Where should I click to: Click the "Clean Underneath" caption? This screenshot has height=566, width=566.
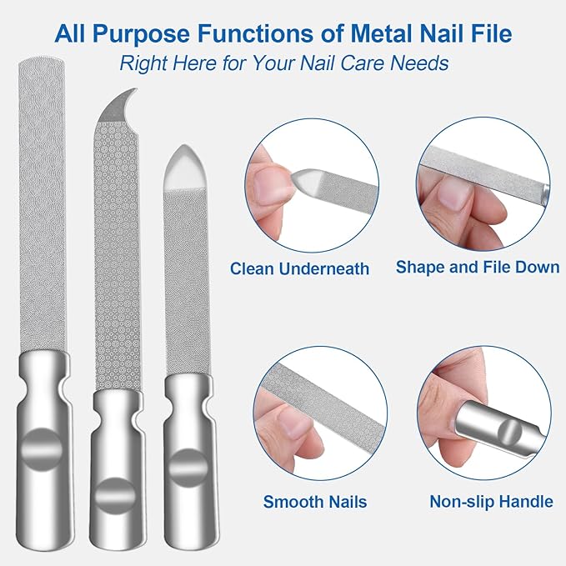click(299, 268)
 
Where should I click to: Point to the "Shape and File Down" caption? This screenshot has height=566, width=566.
click(477, 268)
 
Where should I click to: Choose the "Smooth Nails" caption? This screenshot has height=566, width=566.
click(315, 502)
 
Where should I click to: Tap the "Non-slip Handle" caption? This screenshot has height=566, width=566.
click(491, 502)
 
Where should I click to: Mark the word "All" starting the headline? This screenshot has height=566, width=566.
click(74, 34)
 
